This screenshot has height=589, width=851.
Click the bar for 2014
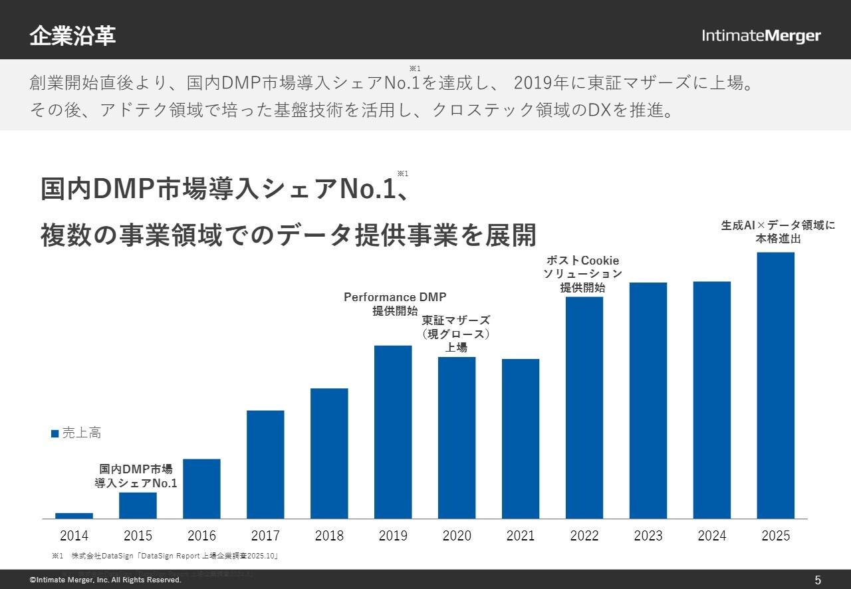click(x=74, y=516)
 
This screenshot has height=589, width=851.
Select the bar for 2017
click(x=265, y=465)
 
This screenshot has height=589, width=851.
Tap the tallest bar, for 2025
click(x=776, y=386)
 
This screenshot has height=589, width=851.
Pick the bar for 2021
click(x=521, y=439)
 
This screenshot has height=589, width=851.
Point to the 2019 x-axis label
click(x=393, y=536)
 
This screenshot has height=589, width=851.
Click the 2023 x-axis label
click(x=648, y=536)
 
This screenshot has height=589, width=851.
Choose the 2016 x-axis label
click(x=201, y=536)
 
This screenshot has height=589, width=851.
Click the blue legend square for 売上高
click(x=55, y=433)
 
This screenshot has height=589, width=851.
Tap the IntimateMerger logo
click(x=761, y=36)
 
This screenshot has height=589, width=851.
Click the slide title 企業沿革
click(x=72, y=36)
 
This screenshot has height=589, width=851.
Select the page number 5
click(x=818, y=580)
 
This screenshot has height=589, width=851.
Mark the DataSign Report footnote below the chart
click(x=165, y=556)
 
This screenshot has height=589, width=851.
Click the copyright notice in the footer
click(x=106, y=580)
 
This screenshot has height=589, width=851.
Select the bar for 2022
click(x=584, y=408)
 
